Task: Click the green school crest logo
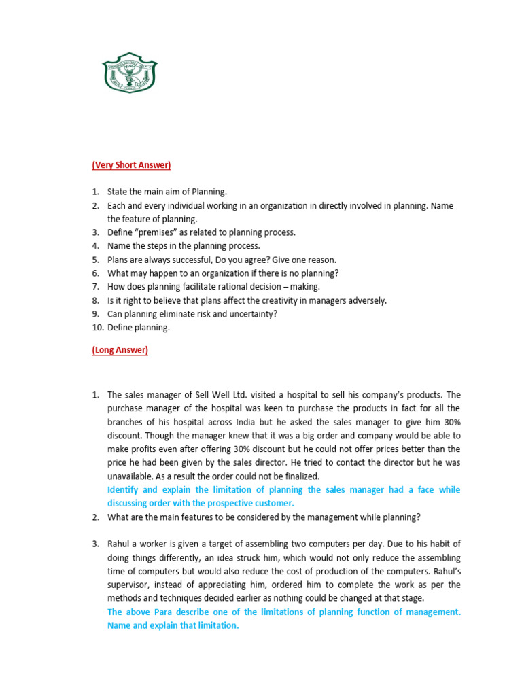tap(129, 73)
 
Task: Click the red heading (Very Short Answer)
tap(131, 165)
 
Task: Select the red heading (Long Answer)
tap(120, 350)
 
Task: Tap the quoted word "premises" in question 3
tap(157, 232)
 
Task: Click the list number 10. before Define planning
tap(99, 328)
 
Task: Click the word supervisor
tap(130, 585)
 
